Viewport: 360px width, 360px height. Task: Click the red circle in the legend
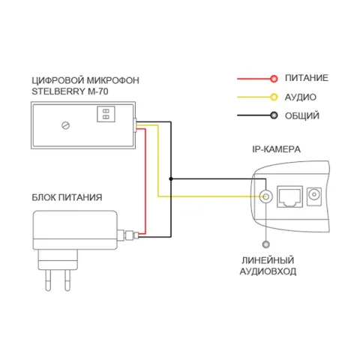pyautogui.click(x=274, y=79)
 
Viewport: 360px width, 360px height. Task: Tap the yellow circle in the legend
pyautogui.click(x=274, y=97)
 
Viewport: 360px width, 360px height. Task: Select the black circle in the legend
pyautogui.click(x=274, y=115)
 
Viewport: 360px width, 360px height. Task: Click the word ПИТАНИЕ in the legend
pyautogui.click(x=307, y=78)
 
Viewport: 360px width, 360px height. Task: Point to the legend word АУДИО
pyautogui.click(x=301, y=97)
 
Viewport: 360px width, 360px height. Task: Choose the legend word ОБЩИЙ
pyautogui.click(x=302, y=115)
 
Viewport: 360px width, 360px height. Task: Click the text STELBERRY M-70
pyautogui.click(x=70, y=91)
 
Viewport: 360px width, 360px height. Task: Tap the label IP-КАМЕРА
pyautogui.click(x=276, y=149)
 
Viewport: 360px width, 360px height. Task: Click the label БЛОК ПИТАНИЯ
pyautogui.click(x=67, y=197)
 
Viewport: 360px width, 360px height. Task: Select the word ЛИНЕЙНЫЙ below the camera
pyautogui.click(x=268, y=260)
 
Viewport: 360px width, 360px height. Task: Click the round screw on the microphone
pyautogui.click(x=65, y=125)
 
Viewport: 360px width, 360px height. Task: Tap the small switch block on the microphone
pyautogui.click(x=106, y=114)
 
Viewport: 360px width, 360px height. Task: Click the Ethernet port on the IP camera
pyautogui.click(x=289, y=196)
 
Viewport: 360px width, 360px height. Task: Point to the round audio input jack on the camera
pyautogui.click(x=265, y=196)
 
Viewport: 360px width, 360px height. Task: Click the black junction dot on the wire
pyautogui.click(x=171, y=179)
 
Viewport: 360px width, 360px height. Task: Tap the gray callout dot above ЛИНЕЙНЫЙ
pyautogui.click(x=266, y=244)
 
